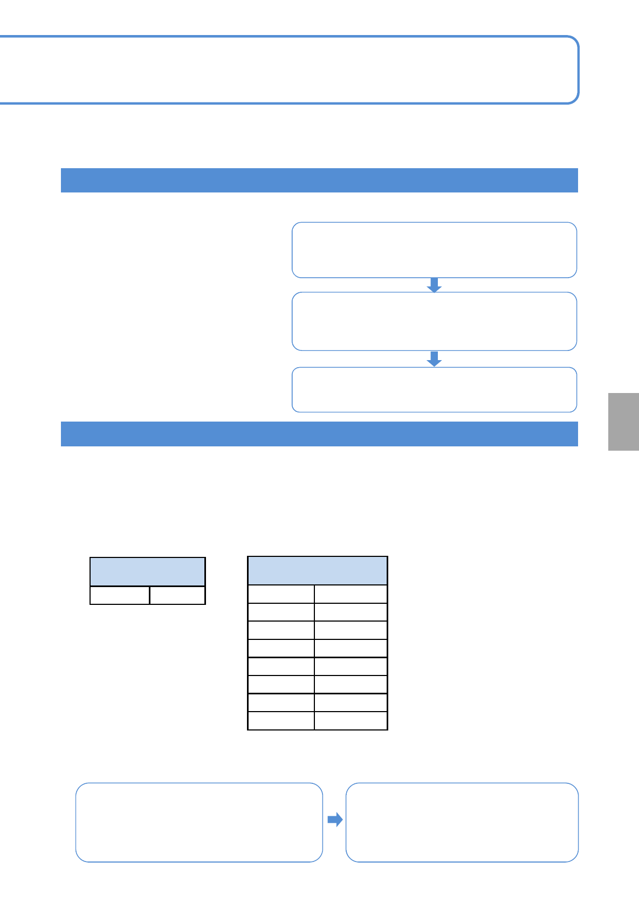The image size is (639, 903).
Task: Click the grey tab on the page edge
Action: pos(623,422)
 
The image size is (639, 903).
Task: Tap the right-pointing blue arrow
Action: pos(335,819)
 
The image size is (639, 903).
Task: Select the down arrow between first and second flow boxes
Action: pos(434,285)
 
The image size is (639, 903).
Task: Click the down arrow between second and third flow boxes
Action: pos(434,359)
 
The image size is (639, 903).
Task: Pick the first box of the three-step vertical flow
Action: pos(434,250)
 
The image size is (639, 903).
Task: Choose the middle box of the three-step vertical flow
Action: pos(434,321)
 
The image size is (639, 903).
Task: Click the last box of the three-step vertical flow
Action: pos(434,389)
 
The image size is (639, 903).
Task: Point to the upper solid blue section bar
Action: pos(319,180)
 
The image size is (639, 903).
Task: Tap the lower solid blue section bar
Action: pos(319,434)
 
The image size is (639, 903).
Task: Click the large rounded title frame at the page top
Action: pos(289,70)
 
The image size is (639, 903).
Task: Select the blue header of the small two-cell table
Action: pos(147,571)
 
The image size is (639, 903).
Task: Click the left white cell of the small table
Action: pos(120,595)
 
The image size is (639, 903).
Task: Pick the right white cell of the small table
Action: pos(177,595)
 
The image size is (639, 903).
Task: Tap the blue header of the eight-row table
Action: pos(318,570)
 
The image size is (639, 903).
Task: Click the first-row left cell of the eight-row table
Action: pos(281,594)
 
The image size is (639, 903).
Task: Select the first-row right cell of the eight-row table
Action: pos(351,594)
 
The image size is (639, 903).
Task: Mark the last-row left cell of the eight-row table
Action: pos(281,721)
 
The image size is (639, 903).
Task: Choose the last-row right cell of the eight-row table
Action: pos(351,721)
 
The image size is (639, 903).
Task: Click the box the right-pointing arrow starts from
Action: pos(199,822)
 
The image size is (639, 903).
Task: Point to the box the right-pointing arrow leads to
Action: pos(462,822)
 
